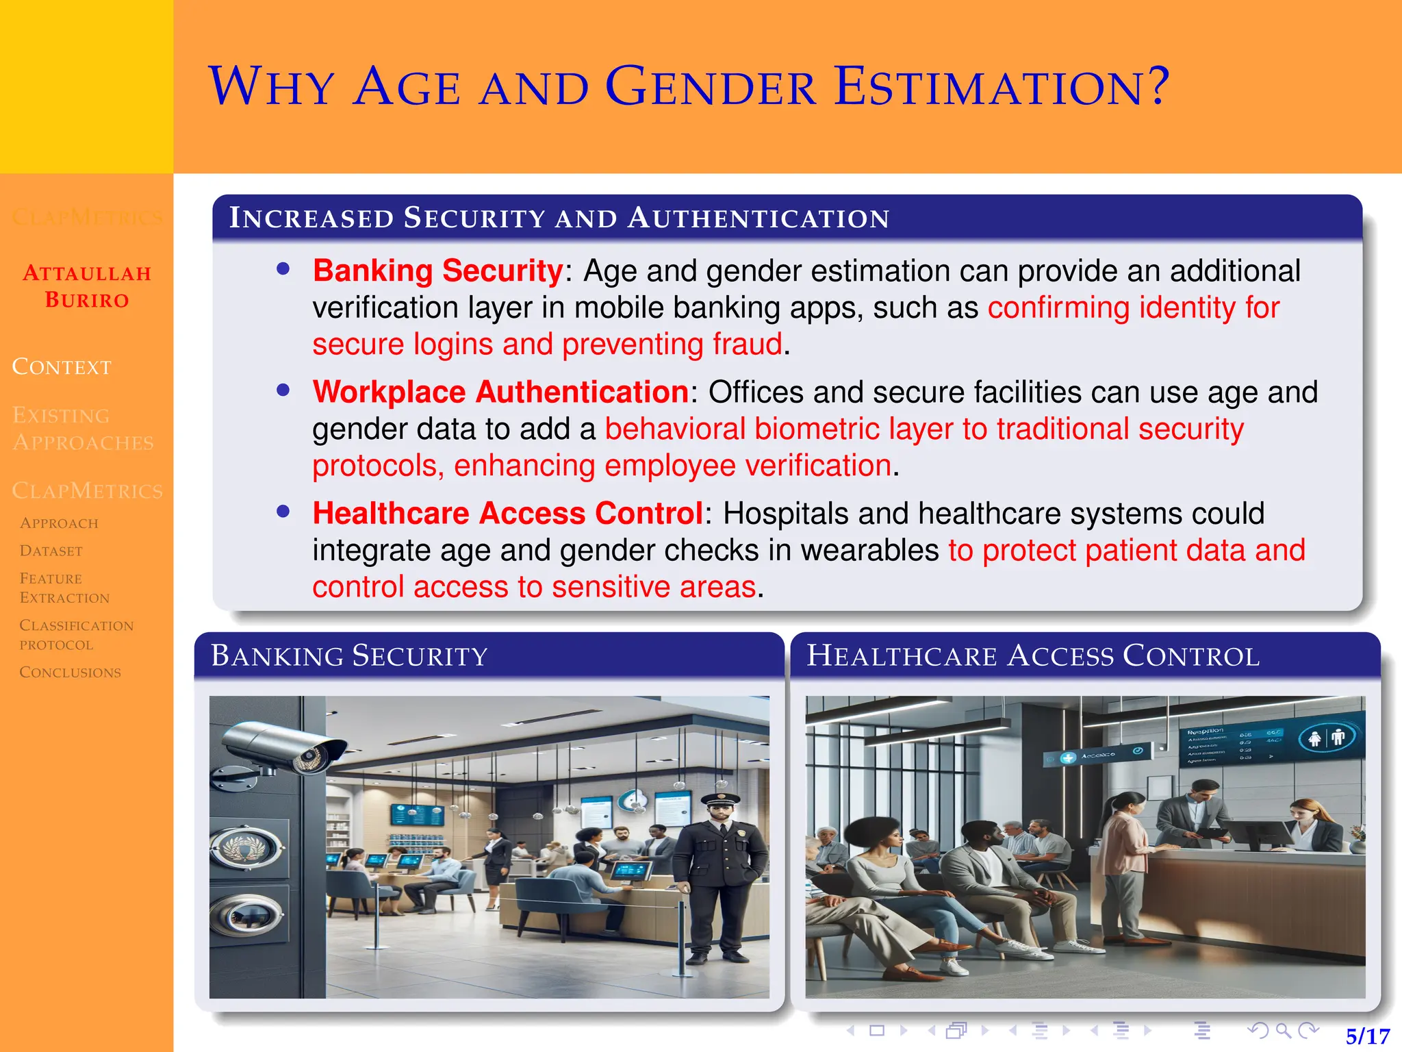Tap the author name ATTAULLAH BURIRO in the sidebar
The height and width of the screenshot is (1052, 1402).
click(87, 286)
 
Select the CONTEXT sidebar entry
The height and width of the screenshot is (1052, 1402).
click(62, 367)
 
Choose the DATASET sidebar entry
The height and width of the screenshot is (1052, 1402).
click(51, 551)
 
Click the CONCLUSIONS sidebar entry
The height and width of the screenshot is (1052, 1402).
click(70, 672)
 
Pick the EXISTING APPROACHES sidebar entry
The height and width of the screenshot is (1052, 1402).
click(82, 429)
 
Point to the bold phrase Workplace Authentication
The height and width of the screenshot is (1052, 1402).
click(500, 392)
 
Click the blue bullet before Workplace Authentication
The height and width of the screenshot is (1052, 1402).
click(283, 390)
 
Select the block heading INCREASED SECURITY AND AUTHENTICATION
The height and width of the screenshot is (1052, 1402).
click(559, 218)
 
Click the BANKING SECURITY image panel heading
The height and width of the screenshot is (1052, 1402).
click(349, 655)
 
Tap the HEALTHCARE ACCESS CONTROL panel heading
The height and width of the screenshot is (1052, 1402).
click(1032, 655)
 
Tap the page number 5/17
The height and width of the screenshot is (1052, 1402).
click(1367, 1036)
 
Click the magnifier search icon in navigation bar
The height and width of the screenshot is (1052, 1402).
click(1284, 1030)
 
